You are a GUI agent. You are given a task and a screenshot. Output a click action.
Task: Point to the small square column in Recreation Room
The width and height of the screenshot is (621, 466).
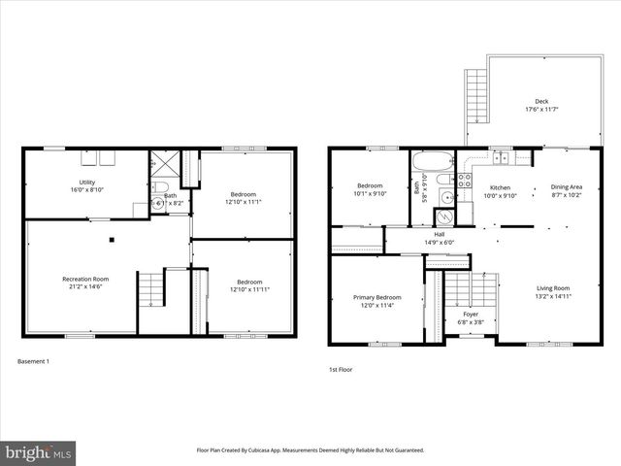112,239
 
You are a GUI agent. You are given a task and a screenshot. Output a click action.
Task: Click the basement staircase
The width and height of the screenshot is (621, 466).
149,289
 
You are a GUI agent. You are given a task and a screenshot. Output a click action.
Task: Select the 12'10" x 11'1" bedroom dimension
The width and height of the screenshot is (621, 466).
245,201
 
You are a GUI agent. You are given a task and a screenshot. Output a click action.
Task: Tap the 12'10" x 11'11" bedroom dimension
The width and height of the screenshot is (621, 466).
245,290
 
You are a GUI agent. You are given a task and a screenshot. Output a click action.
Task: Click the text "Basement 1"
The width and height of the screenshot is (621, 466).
33,361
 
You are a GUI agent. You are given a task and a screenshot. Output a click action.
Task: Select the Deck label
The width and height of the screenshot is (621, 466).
540,101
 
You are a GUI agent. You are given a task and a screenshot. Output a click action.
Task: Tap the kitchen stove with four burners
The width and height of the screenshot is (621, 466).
465,180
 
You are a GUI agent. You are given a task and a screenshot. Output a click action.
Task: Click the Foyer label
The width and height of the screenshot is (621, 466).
470,315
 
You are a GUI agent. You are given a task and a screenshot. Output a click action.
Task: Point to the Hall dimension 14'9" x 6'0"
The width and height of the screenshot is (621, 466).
439,243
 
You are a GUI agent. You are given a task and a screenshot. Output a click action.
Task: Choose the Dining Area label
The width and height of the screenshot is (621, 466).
567,186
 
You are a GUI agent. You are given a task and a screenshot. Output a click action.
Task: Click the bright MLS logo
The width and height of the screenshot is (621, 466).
39,452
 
